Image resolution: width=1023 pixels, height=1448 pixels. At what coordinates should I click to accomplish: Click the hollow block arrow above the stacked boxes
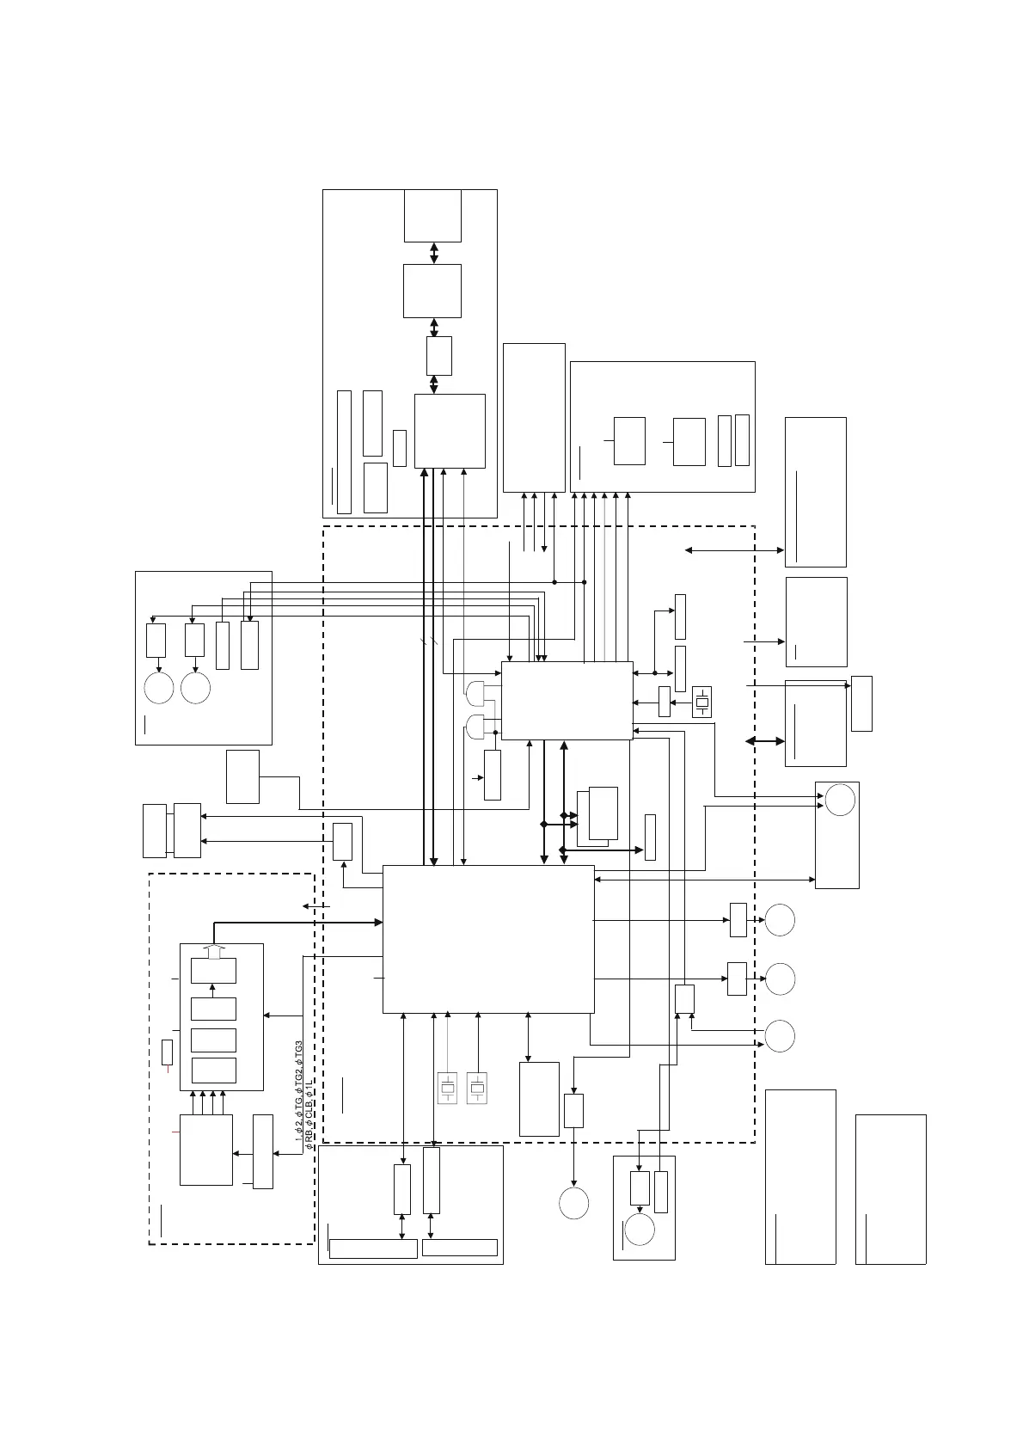(x=213, y=952)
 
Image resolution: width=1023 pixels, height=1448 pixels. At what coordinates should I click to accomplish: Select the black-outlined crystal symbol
(x=701, y=703)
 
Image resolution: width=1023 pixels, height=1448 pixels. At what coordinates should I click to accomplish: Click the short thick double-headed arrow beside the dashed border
(x=764, y=741)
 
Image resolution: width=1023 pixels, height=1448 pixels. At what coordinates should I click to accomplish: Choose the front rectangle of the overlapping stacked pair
(x=603, y=813)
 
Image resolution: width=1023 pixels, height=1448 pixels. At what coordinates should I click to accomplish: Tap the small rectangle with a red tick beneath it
(x=167, y=1052)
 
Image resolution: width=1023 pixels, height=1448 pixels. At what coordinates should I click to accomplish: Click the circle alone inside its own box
(x=840, y=800)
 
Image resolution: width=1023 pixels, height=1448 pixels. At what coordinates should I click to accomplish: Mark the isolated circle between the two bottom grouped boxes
(x=573, y=1203)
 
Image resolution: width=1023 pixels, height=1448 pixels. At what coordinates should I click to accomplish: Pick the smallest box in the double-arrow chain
(x=438, y=355)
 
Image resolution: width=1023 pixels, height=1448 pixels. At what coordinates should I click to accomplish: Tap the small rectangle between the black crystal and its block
(x=664, y=702)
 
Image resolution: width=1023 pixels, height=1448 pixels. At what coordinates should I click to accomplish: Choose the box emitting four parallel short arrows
(x=205, y=1150)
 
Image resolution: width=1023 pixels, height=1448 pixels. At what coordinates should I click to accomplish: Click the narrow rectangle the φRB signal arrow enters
(x=263, y=1152)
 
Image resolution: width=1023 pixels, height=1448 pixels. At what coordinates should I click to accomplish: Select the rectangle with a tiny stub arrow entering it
(x=493, y=776)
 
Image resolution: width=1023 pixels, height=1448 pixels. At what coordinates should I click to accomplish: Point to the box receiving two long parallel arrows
(x=187, y=830)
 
